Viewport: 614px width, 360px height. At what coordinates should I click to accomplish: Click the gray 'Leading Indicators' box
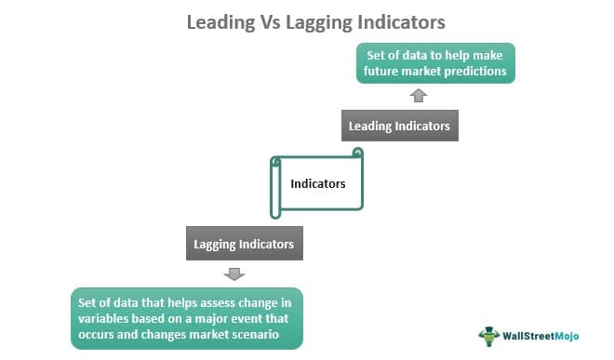(x=399, y=126)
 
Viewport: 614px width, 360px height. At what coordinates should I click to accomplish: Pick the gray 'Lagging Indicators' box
(x=244, y=245)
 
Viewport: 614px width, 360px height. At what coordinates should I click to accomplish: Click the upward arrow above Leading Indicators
(x=419, y=95)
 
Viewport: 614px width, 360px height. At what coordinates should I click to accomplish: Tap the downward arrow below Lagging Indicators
(x=235, y=273)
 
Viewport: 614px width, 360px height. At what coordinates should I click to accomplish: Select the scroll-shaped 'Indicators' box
(x=316, y=183)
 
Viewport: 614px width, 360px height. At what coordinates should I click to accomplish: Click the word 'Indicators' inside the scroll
(x=318, y=183)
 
